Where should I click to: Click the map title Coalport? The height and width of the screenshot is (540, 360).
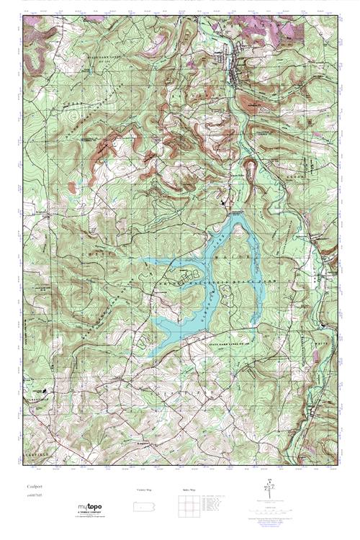tap(30, 487)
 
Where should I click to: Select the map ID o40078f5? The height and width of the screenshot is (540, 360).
tap(32, 495)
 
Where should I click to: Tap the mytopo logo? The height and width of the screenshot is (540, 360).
tap(89, 507)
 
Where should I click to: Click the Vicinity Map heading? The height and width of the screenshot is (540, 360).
tap(145, 490)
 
